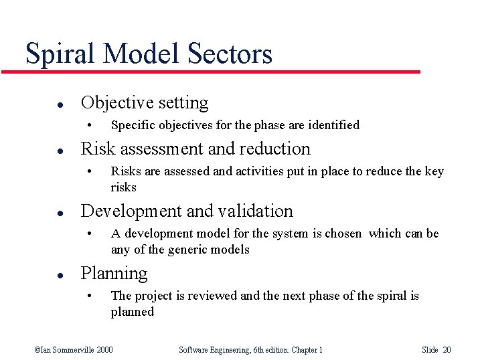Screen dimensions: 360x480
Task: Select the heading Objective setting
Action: click(x=145, y=102)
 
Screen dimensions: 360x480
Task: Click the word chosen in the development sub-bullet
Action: click(x=343, y=234)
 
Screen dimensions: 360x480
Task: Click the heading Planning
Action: click(x=114, y=274)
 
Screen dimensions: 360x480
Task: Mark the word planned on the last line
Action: click(x=132, y=312)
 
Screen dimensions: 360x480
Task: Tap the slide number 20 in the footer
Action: click(x=447, y=350)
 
